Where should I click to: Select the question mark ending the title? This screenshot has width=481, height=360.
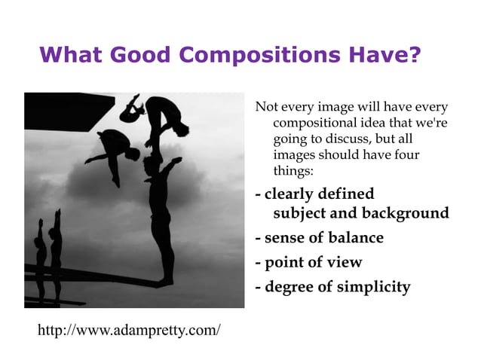click(x=413, y=56)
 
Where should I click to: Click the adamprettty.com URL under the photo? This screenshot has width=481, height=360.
click(x=129, y=330)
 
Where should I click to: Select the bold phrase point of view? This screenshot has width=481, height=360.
click(x=313, y=262)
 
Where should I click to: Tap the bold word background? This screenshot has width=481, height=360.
click(x=405, y=213)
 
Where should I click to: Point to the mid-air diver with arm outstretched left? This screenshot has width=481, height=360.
click(x=117, y=148)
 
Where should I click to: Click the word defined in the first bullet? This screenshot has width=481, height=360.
click(x=345, y=194)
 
